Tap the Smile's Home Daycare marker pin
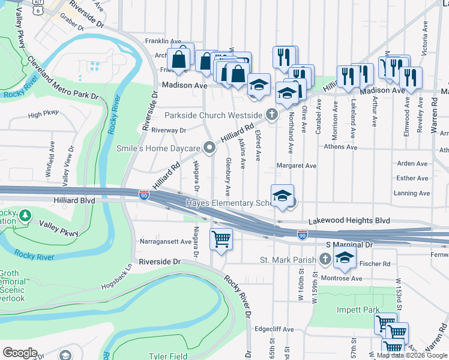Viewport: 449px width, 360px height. click(209, 147)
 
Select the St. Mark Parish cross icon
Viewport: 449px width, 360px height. click(325, 259)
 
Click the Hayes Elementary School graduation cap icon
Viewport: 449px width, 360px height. click(282, 196)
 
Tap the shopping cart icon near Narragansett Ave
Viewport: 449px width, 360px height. click(221, 239)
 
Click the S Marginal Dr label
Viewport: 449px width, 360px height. click(350, 245)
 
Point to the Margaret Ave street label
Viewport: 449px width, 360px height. click(297, 166)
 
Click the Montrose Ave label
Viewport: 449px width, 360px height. click(341, 278)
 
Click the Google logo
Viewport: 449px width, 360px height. click(20, 353)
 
